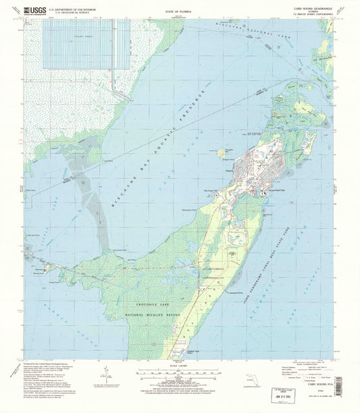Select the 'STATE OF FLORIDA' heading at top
click(x=180, y=11)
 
